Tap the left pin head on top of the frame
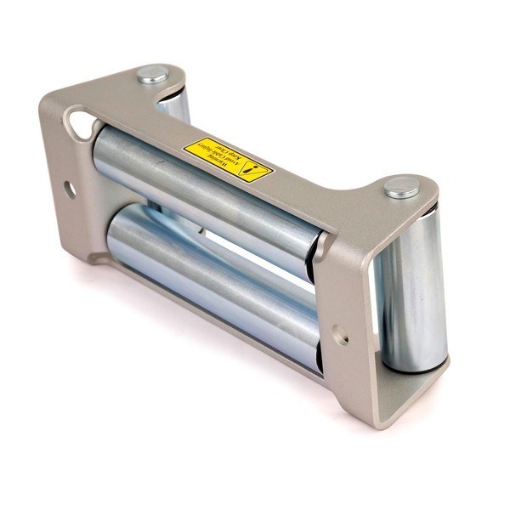[x=153, y=75]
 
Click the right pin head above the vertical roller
[x=401, y=187]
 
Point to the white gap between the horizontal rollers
[x=255, y=255]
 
